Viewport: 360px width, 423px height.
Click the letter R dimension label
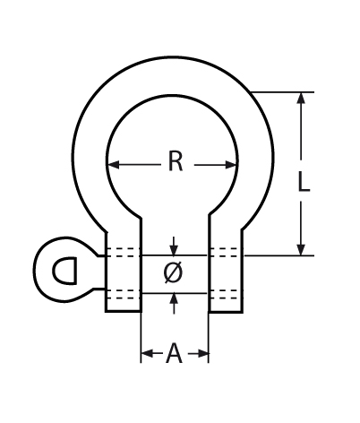176,161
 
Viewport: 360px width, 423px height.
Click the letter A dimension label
174,353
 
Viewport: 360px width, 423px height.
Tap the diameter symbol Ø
173,272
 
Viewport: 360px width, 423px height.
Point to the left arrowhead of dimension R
114,164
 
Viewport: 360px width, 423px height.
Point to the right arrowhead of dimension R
231,164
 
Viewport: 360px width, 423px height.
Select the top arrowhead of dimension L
302,98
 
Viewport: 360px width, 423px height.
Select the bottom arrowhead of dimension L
302,249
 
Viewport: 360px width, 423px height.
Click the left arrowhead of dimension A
148,353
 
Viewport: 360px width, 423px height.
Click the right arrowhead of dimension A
202,353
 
